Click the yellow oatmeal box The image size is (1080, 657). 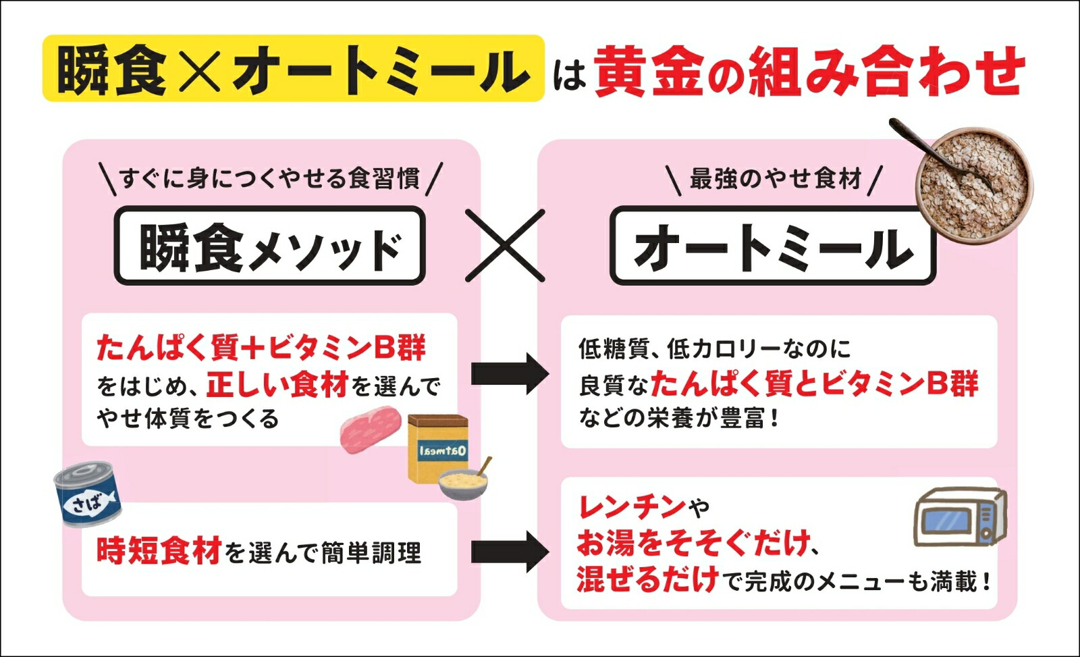click(437, 447)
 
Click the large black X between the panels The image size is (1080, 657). click(505, 245)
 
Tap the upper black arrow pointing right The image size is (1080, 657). click(510, 372)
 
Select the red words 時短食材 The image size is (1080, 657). click(159, 552)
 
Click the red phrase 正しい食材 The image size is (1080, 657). click(277, 385)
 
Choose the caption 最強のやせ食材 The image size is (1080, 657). click(775, 179)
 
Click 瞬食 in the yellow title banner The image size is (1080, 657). click(112, 70)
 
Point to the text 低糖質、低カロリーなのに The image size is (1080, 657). click(715, 349)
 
